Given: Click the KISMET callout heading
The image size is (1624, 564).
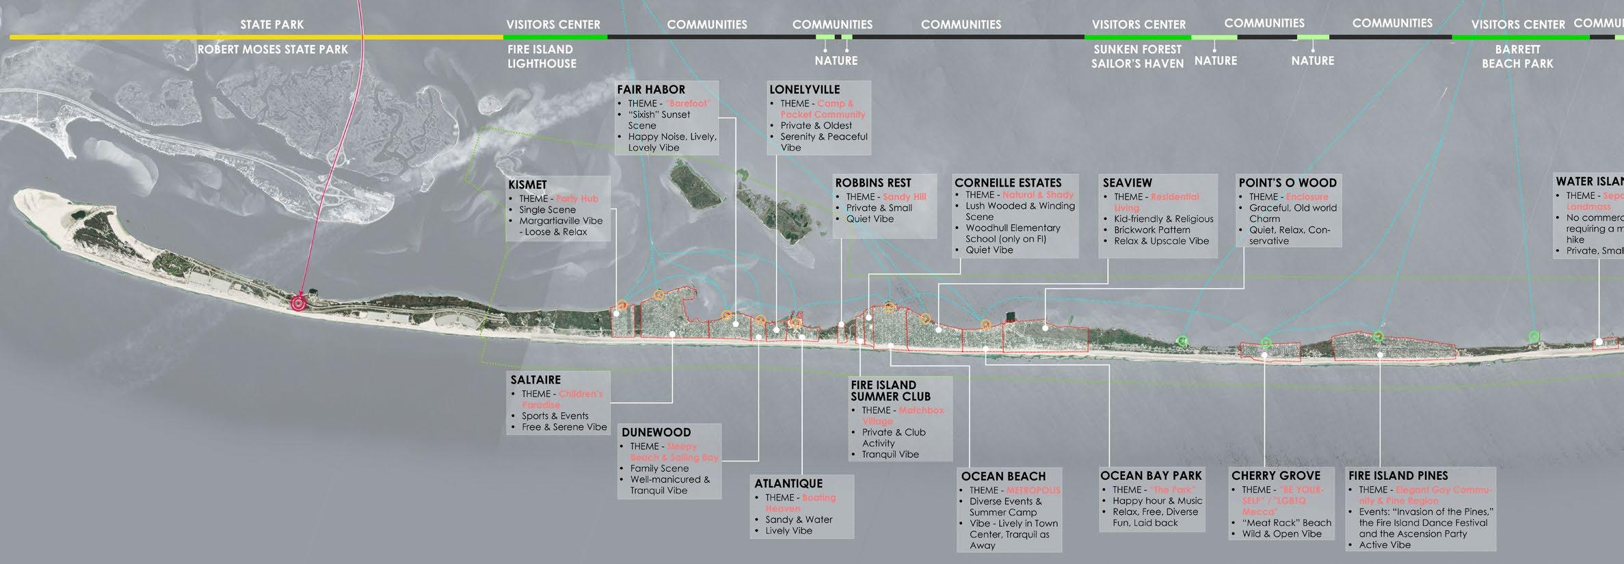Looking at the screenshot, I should pos(527,185).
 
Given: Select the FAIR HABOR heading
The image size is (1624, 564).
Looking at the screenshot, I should pos(650,90).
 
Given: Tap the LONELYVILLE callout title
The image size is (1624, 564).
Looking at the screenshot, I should pos(804,90).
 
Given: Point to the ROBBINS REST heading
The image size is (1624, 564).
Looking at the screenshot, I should pos(873,183).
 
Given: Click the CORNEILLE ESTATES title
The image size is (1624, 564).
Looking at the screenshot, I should pos(1008,183).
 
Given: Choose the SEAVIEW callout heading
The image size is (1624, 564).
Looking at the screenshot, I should pos(1127,183).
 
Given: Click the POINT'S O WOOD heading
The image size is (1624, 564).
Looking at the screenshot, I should pos(1287,183).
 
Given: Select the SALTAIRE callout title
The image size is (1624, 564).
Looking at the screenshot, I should pos(535,380).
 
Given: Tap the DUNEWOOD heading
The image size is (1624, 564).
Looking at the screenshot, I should pos(656,433).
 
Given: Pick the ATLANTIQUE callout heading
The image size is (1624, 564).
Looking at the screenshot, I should pos(788,484).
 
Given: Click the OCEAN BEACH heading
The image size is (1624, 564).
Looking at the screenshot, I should pos(1003,476).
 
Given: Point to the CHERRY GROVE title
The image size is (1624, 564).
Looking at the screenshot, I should pos(1275,476).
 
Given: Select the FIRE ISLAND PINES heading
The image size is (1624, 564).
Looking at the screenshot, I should pos(1398,476).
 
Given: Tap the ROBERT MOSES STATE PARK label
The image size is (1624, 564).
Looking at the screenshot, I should pos(272,50).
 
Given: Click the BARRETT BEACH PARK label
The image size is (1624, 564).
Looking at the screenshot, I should pos(1517,57).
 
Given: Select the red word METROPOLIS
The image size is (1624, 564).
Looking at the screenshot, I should pos(1033,490).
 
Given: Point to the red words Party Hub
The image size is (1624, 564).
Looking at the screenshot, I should pos(576,199).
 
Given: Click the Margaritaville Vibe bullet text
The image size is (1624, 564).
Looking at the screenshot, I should pos(561,221).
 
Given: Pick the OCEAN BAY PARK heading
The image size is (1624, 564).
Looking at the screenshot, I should pos(1150,476).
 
